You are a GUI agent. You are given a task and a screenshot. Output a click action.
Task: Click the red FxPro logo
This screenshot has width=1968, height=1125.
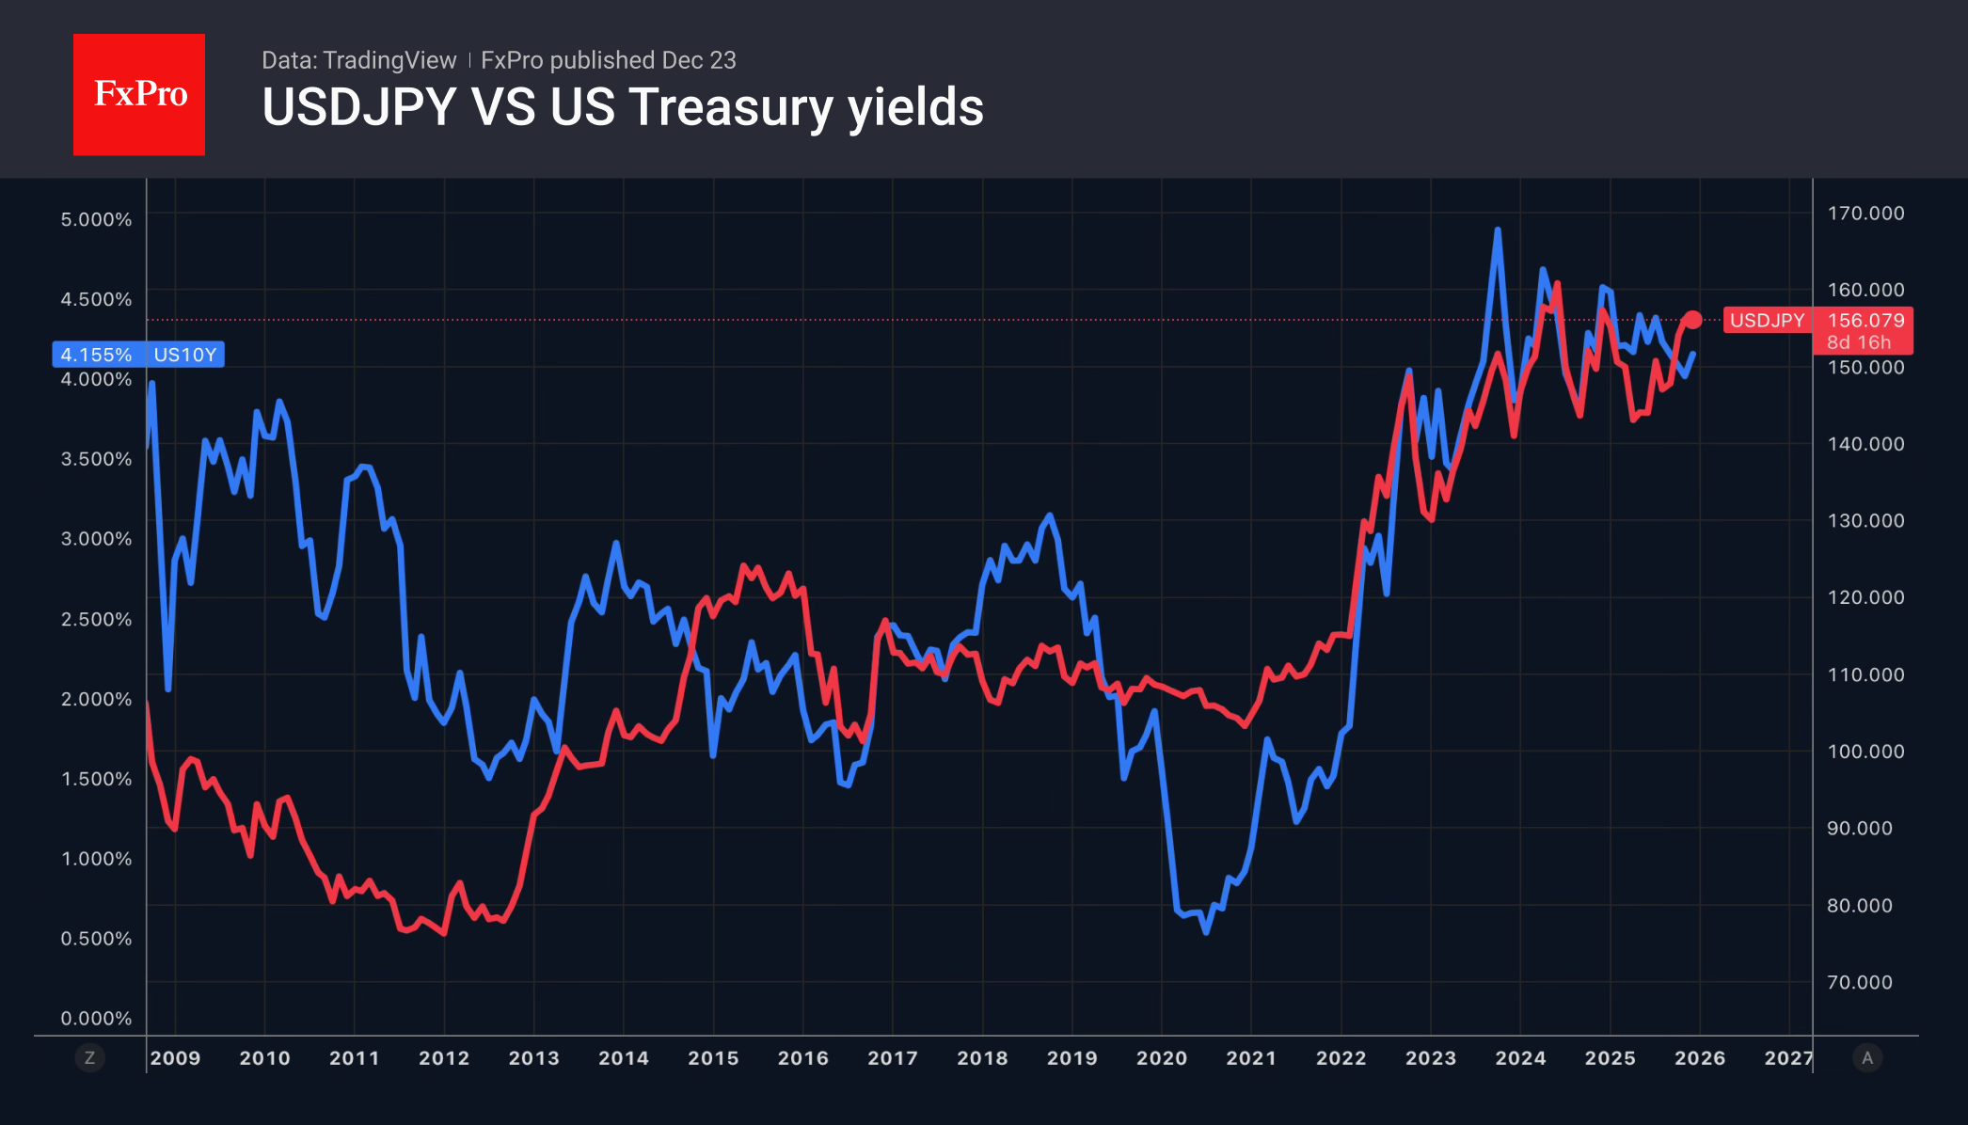click(139, 94)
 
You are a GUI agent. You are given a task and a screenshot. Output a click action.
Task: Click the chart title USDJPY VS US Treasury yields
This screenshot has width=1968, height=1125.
click(622, 107)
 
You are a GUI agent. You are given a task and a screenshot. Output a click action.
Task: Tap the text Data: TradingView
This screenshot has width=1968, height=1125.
click(358, 60)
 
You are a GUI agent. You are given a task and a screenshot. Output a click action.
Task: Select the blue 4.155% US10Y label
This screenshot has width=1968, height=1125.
click(138, 355)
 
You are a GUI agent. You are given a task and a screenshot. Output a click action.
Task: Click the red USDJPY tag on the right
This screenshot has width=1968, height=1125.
click(1766, 321)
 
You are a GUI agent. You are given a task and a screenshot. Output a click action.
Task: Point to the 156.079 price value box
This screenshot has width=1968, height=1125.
click(1865, 321)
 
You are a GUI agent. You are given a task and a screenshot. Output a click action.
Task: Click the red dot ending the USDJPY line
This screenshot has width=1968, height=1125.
click(1692, 321)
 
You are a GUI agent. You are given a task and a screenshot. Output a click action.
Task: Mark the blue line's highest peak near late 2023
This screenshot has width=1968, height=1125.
click(1497, 230)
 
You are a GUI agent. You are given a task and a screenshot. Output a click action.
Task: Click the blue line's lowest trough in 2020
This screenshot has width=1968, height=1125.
click(1206, 931)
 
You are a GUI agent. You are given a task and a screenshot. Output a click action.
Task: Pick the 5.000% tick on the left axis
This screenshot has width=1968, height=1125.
click(96, 219)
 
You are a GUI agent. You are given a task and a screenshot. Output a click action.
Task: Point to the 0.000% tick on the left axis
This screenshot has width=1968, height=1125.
click(96, 1018)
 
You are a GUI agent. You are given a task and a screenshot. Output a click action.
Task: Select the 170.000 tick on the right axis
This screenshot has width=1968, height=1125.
click(1865, 214)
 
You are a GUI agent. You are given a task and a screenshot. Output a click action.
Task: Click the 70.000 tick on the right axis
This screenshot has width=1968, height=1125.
click(1859, 982)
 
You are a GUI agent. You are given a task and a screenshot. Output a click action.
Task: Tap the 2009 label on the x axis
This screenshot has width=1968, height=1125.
click(175, 1058)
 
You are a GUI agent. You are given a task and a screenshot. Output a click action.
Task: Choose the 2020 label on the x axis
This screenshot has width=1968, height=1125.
click(1162, 1058)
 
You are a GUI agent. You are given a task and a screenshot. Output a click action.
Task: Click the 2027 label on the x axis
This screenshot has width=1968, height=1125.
click(1787, 1058)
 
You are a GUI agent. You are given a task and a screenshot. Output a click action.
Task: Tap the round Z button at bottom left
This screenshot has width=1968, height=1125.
click(89, 1058)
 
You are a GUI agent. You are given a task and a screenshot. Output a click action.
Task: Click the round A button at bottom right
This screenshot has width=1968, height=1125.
click(1867, 1058)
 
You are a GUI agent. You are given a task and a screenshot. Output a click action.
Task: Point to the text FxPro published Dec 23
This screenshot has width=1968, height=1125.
click(608, 60)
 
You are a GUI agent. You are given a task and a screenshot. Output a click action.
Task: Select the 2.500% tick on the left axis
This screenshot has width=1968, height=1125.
click(96, 619)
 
